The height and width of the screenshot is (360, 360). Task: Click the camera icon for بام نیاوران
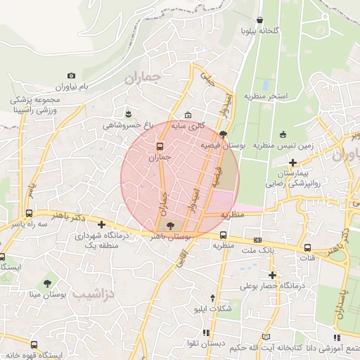[71, 75]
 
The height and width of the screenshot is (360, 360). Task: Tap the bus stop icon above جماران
[160, 147]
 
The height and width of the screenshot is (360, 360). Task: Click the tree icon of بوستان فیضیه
[223, 134]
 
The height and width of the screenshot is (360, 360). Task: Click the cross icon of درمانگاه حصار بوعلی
[272, 275]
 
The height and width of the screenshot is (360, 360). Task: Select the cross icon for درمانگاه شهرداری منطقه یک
[103, 226]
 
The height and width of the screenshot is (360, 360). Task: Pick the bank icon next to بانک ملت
[257, 240]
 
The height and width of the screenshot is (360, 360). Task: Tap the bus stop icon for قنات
[308, 247]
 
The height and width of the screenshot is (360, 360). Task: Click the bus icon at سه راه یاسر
[29, 212]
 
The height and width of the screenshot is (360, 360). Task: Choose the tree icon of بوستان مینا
[47, 284]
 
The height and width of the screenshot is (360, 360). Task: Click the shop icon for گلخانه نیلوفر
[261, 20]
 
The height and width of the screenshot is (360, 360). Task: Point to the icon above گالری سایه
[187, 115]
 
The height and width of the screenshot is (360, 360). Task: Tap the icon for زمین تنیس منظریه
[283, 134]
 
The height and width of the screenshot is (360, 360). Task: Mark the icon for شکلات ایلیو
[213, 298]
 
